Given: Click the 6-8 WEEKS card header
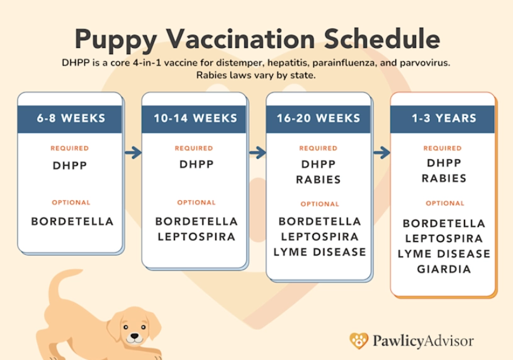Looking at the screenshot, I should [x=70, y=118].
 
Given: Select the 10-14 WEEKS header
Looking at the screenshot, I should [x=194, y=118].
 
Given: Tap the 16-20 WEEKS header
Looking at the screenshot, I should [x=319, y=118].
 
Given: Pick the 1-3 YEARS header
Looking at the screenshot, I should [x=444, y=118].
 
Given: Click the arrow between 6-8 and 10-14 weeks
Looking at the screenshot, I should [x=133, y=152].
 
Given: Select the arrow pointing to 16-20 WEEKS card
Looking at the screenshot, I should [x=257, y=152].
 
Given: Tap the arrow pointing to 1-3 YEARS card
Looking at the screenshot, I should [x=381, y=152].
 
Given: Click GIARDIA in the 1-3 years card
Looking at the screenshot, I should [x=444, y=269].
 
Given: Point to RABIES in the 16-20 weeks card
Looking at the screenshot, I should [x=319, y=179].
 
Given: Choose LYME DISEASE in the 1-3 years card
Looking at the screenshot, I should [x=444, y=254].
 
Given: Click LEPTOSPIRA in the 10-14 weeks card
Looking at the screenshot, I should [x=196, y=237].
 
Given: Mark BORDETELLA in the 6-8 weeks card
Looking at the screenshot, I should [x=72, y=222].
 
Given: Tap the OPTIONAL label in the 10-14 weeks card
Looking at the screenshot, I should [x=196, y=203].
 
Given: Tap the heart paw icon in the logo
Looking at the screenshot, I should [x=359, y=340].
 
